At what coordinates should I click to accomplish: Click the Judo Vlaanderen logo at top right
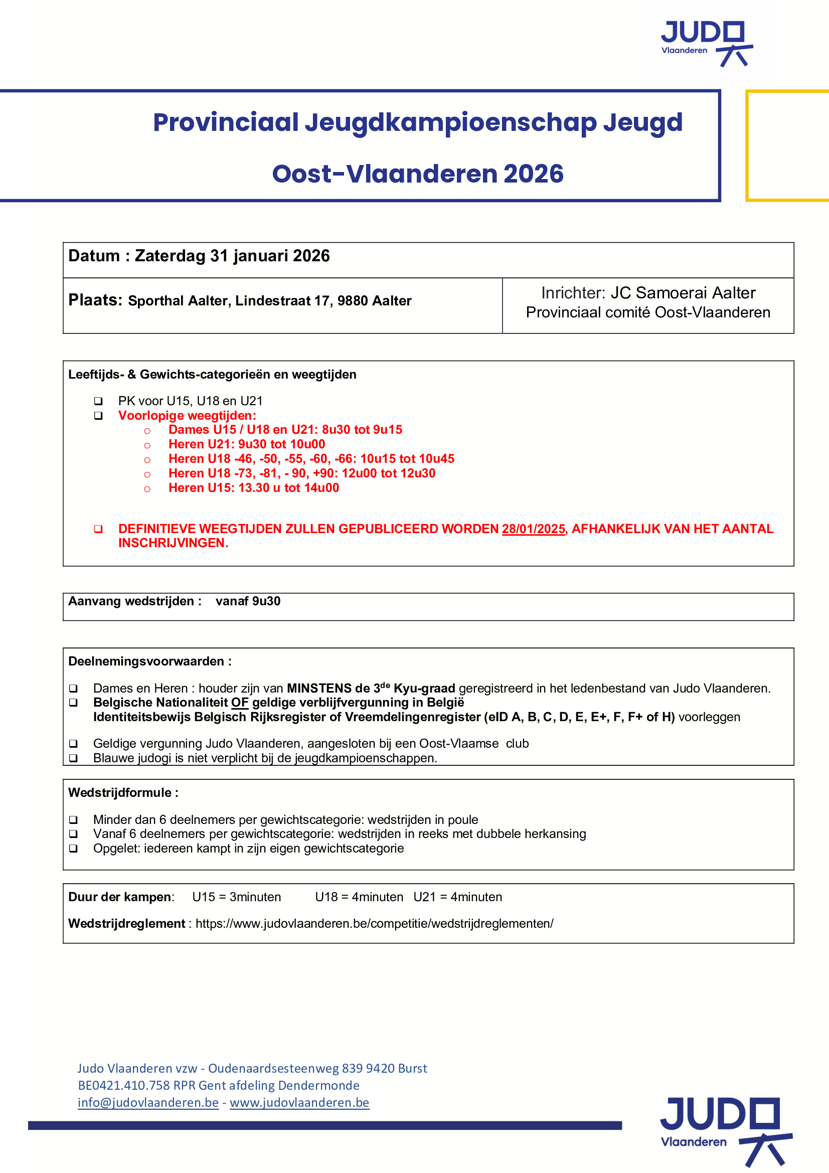coord(707,43)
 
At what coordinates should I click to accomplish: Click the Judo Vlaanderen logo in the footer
coord(725,1130)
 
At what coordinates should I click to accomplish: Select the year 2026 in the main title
coord(533,174)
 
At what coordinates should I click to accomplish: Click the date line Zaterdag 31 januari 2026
coord(232,256)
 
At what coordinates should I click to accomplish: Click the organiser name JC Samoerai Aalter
coord(683,293)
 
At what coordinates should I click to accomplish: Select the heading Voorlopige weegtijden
coord(187,415)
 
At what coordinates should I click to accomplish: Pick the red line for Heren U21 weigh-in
coord(247,444)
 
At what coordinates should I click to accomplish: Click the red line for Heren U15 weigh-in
coord(254,488)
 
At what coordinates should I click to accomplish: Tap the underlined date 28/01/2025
coord(533,529)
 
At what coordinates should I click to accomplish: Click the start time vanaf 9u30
coord(248,601)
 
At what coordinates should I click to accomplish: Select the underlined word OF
coord(240,703)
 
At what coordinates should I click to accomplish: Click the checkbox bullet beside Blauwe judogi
coord(74,758)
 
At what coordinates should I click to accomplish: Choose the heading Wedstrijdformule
coord(123,793)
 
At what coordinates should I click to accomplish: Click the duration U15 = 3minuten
coord(237,897)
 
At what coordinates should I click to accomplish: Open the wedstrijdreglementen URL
coord(375,924)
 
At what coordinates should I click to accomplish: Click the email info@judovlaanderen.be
coord(148,1102)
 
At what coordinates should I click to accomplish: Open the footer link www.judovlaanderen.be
coord(299,1102)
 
